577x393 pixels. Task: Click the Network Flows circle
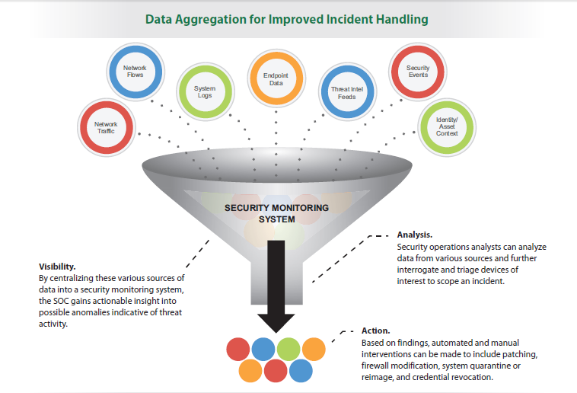click(x=135, y=72)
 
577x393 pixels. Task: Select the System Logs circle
click(x=205, y=91)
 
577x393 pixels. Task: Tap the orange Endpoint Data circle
click(x=276, y=78)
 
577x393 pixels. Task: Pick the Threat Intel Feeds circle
click(x=347, y=92)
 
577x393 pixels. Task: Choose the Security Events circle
click(x=418, y=72)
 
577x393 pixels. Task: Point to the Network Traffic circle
click(x=107, y=127)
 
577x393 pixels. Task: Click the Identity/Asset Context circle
click(x=447, y=127)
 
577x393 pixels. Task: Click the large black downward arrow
click(x=276, y=286)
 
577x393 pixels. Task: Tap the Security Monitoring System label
click(x=277, y=213)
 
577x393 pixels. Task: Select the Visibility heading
click(x=57, y=267)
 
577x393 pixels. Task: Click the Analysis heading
click(x=415, y=235)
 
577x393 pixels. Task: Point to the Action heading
click(x=376, y=331)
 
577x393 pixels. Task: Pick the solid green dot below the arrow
click(x=288, y=349)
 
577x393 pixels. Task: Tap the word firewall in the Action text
click(x=375, y=366)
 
